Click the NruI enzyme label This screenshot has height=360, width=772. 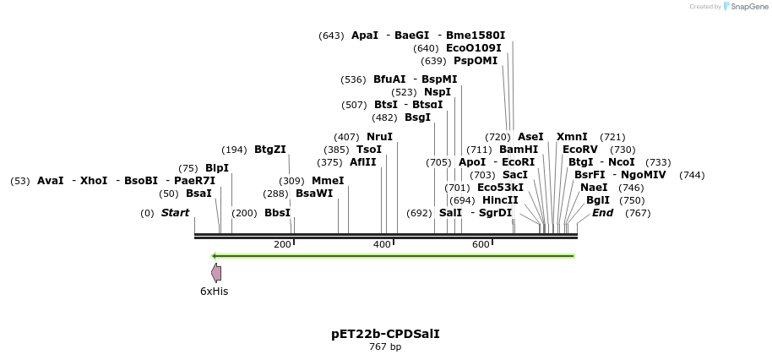pyautogui.click(x=379, y=137)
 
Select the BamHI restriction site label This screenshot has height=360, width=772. pyautogui.click(x=519, y=150)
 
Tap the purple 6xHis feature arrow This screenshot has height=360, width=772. pyautogui.click(x=216, y=272)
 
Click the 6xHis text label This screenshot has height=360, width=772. pyautogui.click(x=214, y=292)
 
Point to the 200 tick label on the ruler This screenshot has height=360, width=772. pyautogui.click(x=282, y=244)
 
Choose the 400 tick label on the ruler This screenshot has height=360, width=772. pyautogui.click(x=382, y=244)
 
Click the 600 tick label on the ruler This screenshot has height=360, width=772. pyautogui.click(x=481, y=244)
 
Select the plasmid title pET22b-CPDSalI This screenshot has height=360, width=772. pyautogui.click(x=385, y=334)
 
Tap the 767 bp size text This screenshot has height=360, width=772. pyautogui.click(x=385, y=346)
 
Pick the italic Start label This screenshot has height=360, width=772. pyautogui.click(x=175, y=213)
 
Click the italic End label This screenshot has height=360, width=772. pyautogui.click(x=602, y=213)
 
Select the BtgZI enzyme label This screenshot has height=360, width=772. pyautogui.click(x=270, y=150)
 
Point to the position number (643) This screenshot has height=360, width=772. pyautogui.click(x=331, y=35)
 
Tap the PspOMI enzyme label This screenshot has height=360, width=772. pyautogui.click(x=476, y=61)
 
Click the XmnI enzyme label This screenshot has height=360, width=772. pyautogui.click(x=572, y=137)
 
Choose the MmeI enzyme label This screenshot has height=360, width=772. pyautogui.click(x=328, y=181)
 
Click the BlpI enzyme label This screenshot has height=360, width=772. pyautogui.click(x=217, y=168)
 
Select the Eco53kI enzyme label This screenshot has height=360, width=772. pyautogui.click(x=500, y=188)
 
